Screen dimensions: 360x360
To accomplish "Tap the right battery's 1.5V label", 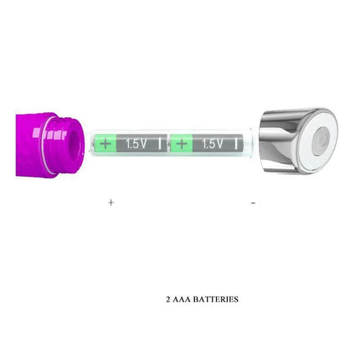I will coord(213,143).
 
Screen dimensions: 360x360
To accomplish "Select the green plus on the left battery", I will coord(105,143).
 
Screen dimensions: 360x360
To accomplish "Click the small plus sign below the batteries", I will coord(111,202).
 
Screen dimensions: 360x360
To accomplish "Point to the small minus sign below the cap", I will coord(253,202).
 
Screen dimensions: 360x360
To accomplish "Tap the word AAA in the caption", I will coord(182,299).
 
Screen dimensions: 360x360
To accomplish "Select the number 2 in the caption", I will coord(168,299).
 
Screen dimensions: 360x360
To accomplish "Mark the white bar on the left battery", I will coord(160,143).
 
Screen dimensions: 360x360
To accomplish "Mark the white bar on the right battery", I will coord(237,143).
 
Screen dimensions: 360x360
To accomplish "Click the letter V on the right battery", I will coord(219,143).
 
